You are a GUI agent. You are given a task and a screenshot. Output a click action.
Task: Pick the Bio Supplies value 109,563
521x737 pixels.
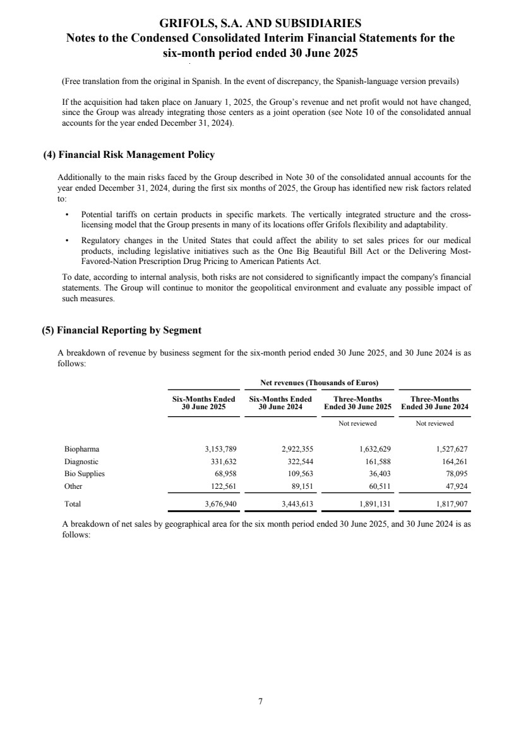299,473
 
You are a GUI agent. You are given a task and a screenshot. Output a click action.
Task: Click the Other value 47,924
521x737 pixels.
454,486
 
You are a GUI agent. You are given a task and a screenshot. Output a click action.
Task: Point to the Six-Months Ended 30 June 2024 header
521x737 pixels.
280,403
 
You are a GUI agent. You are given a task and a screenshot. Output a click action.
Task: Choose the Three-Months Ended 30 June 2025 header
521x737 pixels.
357,403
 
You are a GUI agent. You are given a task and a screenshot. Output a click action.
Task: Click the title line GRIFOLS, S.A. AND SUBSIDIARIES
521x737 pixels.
260,23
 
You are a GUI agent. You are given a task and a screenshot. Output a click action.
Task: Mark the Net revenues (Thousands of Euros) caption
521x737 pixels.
319,383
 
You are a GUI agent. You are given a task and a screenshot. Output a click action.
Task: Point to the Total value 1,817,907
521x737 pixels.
450,504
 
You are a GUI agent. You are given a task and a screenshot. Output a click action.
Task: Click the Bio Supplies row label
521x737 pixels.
85,473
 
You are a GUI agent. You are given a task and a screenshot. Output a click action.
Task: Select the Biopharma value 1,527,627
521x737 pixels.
450,449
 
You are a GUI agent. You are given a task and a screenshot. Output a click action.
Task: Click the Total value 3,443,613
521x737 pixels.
296,504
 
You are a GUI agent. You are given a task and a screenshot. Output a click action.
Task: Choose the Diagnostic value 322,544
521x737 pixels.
299,461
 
